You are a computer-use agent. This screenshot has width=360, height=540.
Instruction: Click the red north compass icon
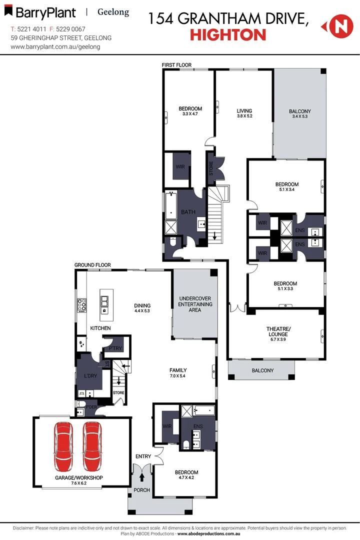pos(337,26)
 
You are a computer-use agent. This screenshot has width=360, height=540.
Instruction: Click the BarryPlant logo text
pos(45,12)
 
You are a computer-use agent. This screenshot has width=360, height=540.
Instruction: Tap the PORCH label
pos(142,490)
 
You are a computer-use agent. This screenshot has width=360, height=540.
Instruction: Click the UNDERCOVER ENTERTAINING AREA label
pos(195,304)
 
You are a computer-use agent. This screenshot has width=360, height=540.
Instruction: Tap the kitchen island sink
pos(105,301)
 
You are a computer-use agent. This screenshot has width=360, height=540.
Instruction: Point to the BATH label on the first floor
pos(188,212)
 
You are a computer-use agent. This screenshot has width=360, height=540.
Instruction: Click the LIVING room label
pos(244,111)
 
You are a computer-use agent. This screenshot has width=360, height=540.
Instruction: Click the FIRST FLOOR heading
pos(176,65)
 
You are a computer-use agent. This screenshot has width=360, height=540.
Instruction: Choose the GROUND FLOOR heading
pos(92,265)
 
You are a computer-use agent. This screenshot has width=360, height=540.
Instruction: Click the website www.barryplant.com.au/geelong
pos(55,46)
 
